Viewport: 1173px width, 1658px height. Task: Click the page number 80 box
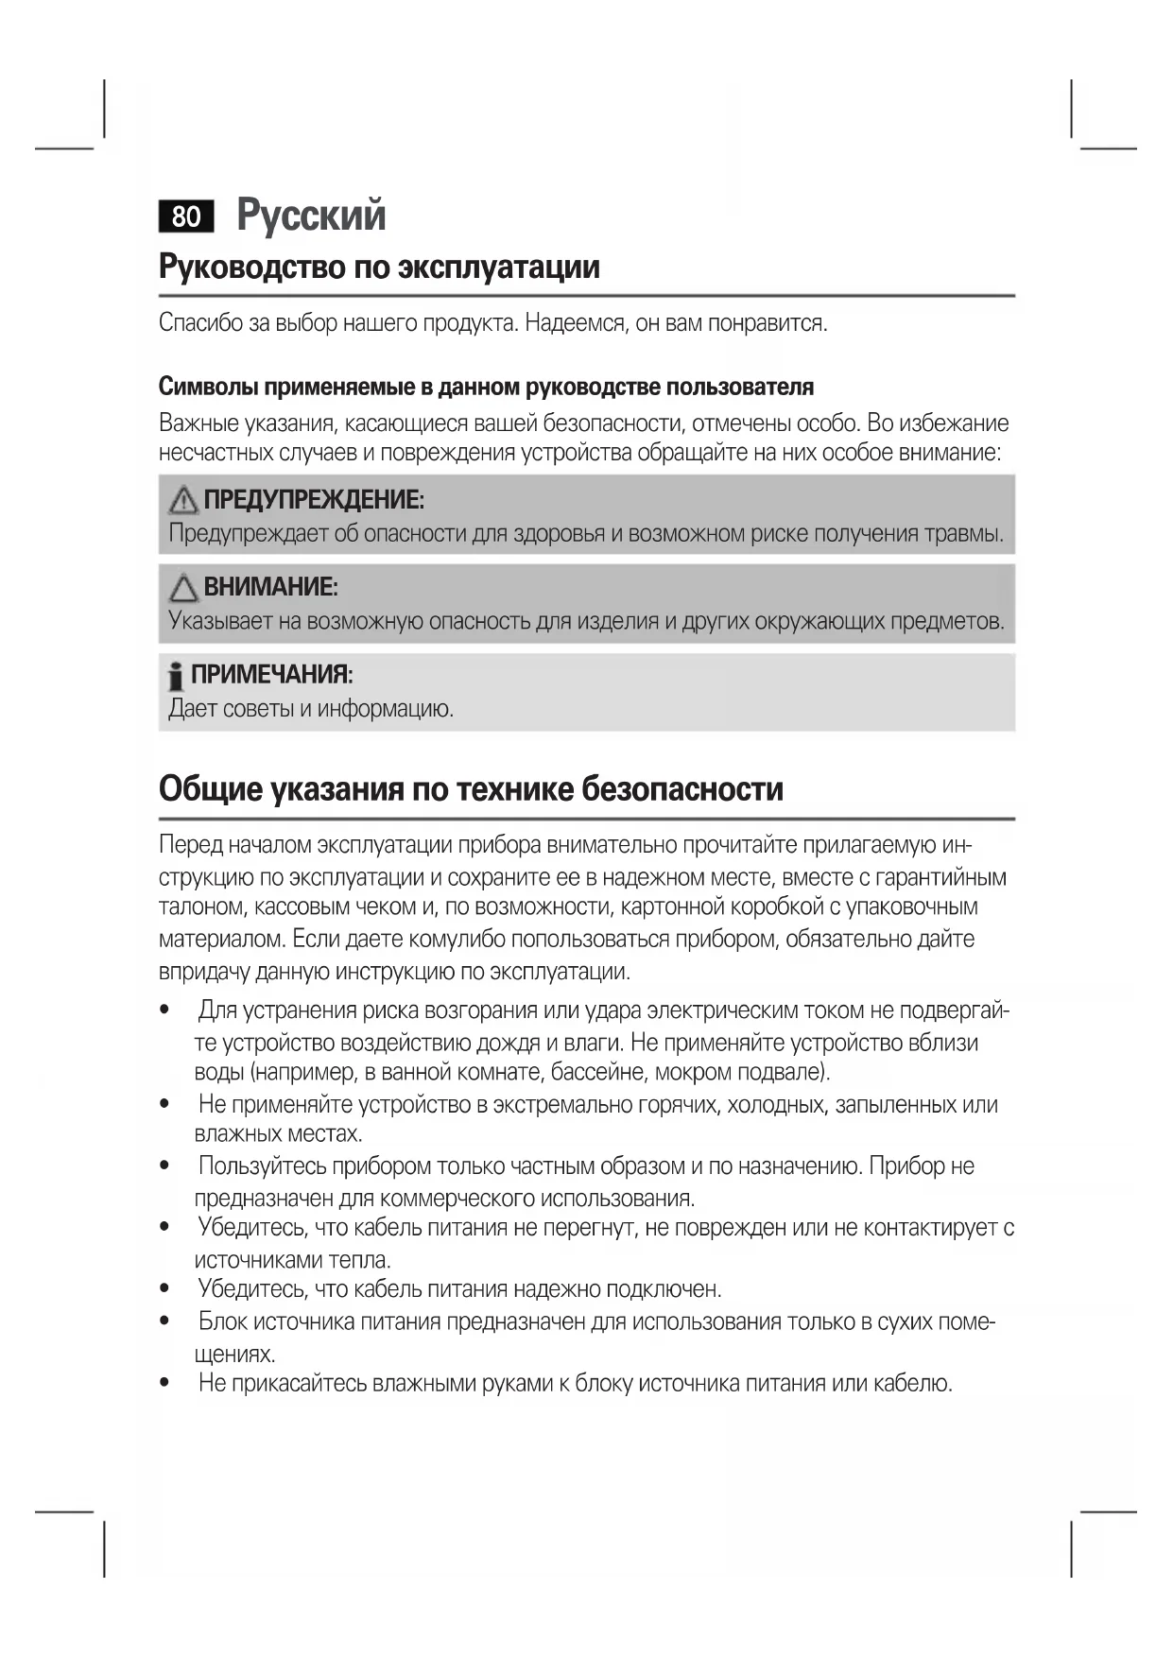186,216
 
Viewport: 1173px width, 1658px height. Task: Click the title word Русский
311,215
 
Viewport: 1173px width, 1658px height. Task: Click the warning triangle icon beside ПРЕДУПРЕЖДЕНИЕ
183,500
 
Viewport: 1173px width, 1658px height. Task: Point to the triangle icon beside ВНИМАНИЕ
183,588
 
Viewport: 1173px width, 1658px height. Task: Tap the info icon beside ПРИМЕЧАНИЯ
175,676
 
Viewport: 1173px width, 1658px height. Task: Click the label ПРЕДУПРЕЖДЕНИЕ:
314,499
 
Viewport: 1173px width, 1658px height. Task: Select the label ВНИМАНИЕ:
270,587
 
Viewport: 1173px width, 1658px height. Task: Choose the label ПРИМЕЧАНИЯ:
271,675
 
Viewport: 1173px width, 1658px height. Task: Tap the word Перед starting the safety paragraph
191,844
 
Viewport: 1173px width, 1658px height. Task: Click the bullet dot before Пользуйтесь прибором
165,1166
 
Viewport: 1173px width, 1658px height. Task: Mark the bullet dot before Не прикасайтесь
165,1384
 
